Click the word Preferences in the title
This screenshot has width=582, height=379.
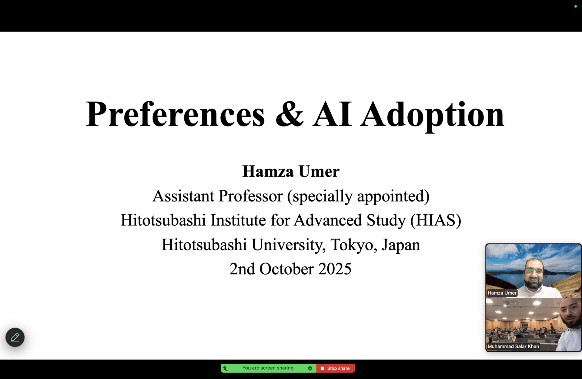tap(176, 114)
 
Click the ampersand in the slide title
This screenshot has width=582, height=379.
tap(289, 114)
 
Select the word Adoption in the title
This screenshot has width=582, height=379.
tap(432, 116)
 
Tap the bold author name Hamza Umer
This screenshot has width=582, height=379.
tap(291, 171)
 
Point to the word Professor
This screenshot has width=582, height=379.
tap(251, 196)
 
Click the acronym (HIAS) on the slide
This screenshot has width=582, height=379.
tap(436, 220)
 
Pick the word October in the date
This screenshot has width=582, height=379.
tap(286, 269)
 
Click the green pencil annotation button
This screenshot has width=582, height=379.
tap(15, 337)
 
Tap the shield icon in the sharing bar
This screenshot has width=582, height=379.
tap(310, 368)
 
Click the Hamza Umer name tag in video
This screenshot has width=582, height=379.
tap(502, 293)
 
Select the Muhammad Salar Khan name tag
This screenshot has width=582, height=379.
tap(513, 346)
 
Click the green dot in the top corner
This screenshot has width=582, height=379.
tap(575, 6)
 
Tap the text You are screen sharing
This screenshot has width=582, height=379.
tap(268, 368)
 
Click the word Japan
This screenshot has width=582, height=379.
tap(401, 245)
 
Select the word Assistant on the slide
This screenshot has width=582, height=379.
tap(183, 196)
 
